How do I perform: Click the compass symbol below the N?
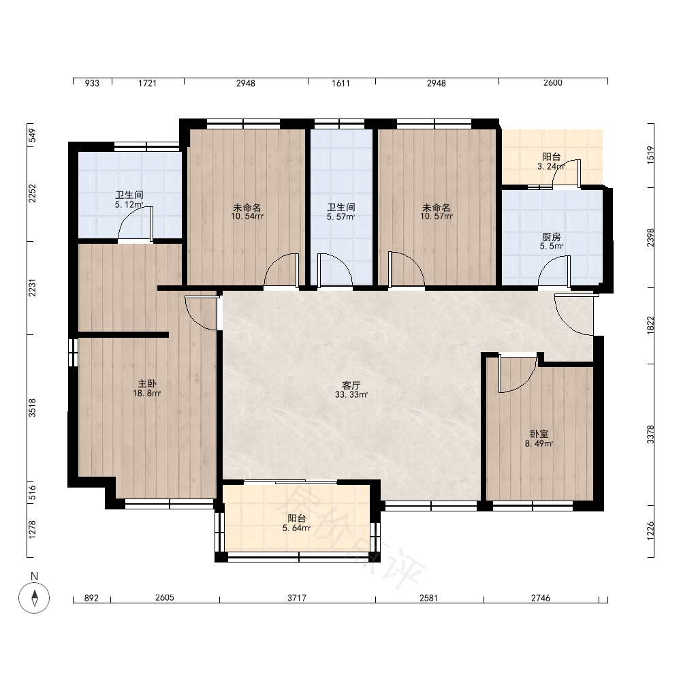tap(34, 598)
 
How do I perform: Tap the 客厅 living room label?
tap(351, 385)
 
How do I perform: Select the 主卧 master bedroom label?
tap(147, 383)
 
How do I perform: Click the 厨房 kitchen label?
tap(551, 237)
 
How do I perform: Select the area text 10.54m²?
tap(247, 217)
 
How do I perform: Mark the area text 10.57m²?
tap(437, 217)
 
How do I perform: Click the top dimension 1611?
tap(341, 83)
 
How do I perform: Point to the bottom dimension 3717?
tap(297, 598)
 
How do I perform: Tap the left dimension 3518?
tap(32, 408)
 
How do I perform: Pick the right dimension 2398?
tap(650, 238)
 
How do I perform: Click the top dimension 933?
tap(92, 83)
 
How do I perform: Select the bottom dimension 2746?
tap(541, 598)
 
